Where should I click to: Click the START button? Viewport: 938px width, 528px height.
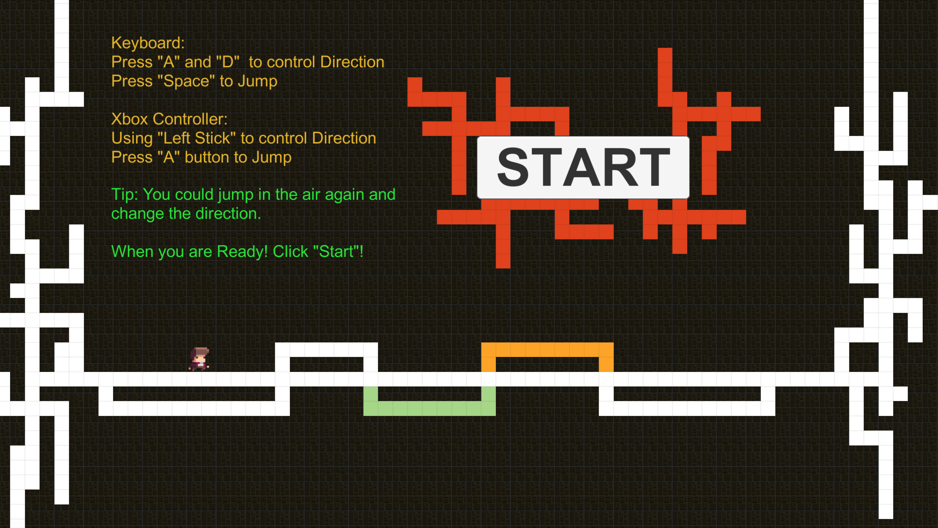click(583, 167)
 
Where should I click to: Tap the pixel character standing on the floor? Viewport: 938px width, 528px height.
click(199, 359)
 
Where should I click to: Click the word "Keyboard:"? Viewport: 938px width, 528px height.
click(148, 43)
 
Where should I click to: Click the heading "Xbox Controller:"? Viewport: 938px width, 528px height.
click(169, 119)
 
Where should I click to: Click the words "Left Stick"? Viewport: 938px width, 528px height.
click(197, 138)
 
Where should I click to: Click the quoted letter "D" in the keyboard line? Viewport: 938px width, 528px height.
click(228, 62)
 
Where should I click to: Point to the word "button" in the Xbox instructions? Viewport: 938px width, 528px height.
click(207, 157)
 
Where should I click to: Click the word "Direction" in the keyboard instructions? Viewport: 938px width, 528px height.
click(352, 62)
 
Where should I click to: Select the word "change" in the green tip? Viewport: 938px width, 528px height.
click(138, 214)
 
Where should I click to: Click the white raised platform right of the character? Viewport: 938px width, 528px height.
click(326, 350)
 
